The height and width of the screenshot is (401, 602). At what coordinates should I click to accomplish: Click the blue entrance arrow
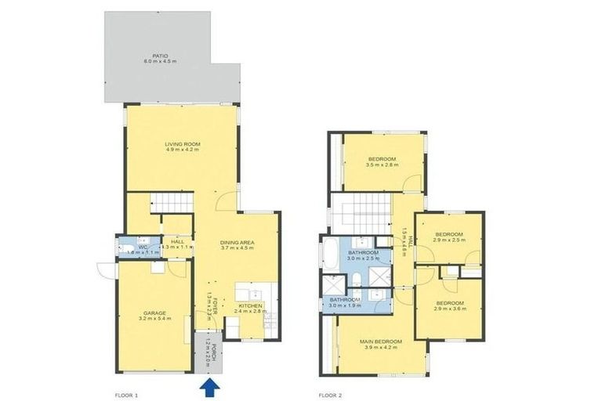click(x=209, y=387)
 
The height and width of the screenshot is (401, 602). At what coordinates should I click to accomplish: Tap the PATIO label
click(x=161, y=56)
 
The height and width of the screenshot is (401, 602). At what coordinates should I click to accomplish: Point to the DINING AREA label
click(x=236, y=243)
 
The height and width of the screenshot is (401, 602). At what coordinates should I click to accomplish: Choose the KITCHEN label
click(x=251, y=305)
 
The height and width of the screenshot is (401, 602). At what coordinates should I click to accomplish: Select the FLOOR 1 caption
click(x=126, y=394)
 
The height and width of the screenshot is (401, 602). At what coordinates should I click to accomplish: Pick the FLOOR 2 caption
click(x=329, y=394)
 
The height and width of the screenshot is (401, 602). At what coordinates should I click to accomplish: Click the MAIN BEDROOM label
click(x=381, y=342)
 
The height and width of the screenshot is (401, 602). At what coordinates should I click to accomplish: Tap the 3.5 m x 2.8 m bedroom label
click(x=382, y=161)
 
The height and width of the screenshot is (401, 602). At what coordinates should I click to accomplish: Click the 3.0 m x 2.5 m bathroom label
click(x=364, y=255)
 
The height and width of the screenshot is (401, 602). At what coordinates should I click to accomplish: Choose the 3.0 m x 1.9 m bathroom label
click(x=345, y=302)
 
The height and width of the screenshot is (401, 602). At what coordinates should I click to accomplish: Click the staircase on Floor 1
click(x=171, y=203)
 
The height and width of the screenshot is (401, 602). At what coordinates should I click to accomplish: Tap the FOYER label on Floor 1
click(x=209, y=302)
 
